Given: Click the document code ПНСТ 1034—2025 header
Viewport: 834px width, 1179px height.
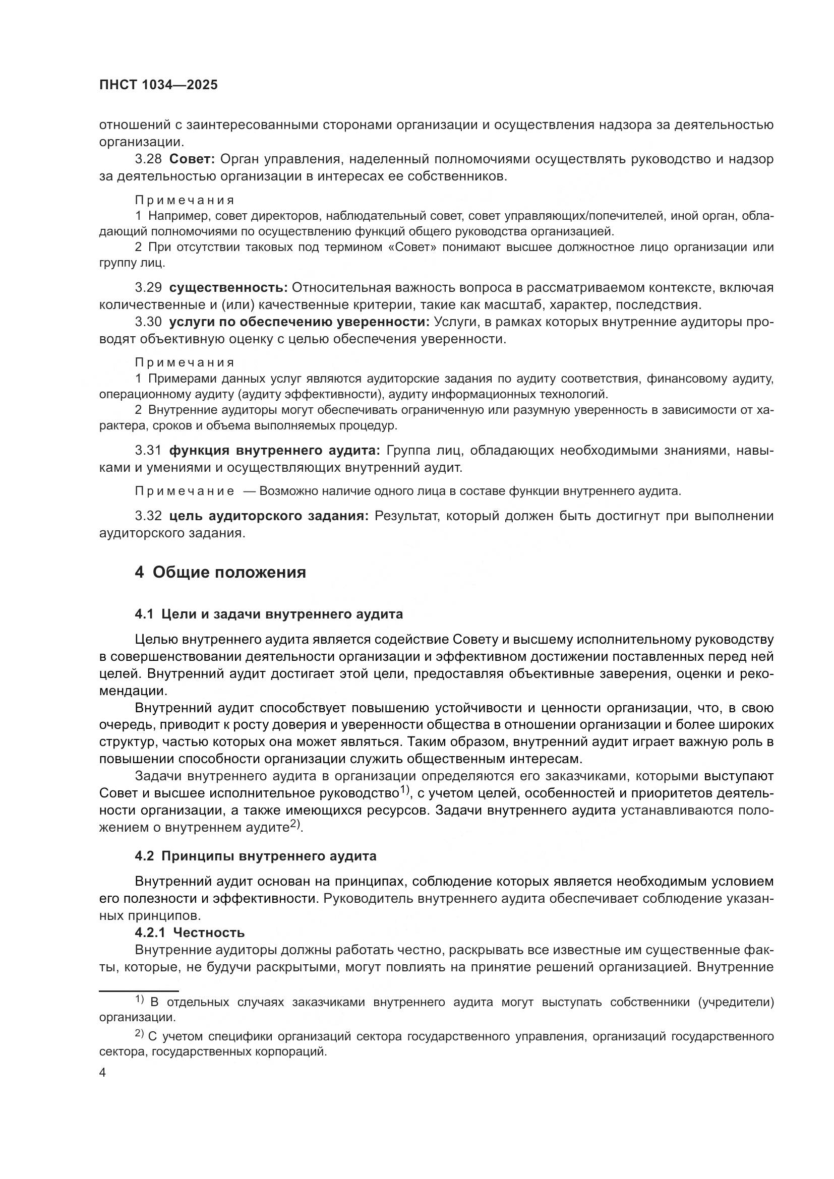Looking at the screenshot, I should click(x=158, y=85).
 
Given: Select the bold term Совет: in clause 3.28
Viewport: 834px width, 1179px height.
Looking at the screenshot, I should click(x=192, y=159).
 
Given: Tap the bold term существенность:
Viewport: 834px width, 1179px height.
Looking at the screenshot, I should click(x=228, y=287).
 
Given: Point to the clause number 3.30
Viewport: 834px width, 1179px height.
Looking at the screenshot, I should click(x=148, y=322).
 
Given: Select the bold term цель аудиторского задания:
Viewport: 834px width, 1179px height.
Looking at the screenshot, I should click(x=269, y=516).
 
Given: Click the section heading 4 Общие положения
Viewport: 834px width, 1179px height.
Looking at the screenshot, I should click(x=220, y=572).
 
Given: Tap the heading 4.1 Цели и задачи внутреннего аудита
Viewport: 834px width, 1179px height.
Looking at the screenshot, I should click(x=269, y=614).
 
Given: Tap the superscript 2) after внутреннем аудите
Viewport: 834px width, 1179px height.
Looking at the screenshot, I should click(x=295, y=823).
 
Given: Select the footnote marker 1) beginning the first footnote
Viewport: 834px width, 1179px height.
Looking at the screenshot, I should click(x=140, y=999).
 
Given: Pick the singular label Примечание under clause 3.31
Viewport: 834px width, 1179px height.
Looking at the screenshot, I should click(x=185, y=491).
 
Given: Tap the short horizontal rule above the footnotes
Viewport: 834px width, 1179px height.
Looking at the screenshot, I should click(x=139, y=991).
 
